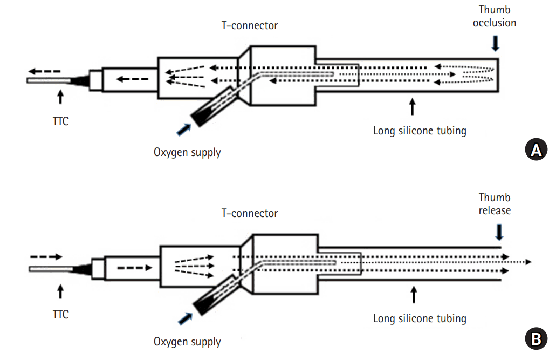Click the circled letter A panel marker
[536, 150]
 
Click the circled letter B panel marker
[536, 338]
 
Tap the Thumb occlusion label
[494, 16]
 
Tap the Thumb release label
[494, 203]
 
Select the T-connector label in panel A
[250, 25]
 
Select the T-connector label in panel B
[250, 213]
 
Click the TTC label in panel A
[61, 121]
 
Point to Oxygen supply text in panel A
[187, 152]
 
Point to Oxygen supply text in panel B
[187, 342]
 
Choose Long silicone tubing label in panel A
[420, 130]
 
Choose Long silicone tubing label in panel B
[420, 318]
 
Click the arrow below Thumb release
[499, 232]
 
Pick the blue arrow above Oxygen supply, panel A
[184, 128]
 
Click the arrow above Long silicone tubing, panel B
[414, 294]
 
